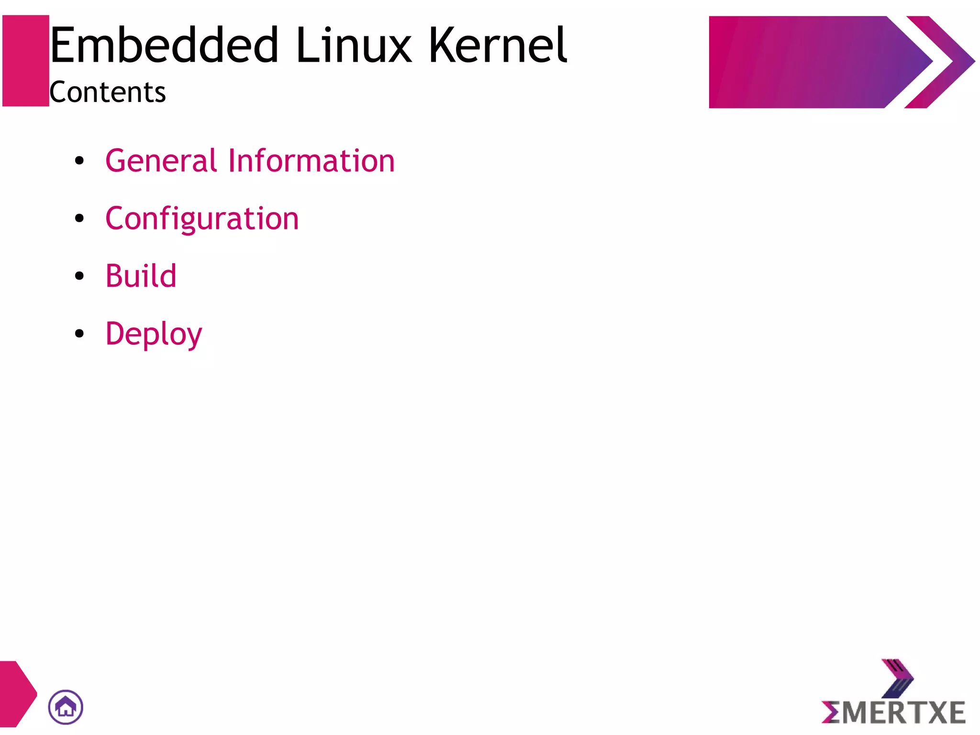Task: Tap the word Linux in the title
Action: [353, 45]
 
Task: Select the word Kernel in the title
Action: [498, 45]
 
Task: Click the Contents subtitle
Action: [108, 92]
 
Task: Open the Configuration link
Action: [202, 219]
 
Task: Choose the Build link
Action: [141, 276]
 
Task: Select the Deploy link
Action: [154, 334]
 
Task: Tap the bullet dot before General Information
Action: [79, 161]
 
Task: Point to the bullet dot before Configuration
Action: [79, 219]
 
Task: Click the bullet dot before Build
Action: [79, 276]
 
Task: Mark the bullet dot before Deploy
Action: [79, 334]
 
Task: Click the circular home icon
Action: [66, 707]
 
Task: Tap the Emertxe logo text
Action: [893, 712]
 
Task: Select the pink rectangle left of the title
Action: [26, 61]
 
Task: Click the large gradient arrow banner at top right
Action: [804, 62]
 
